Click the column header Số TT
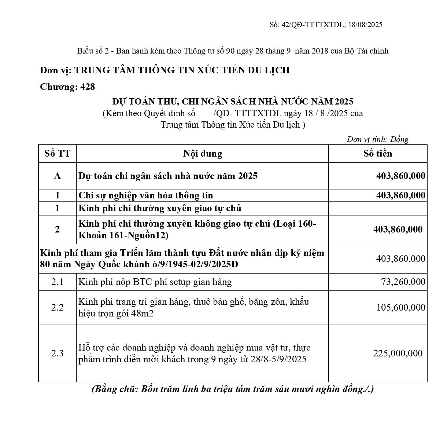[57, 153]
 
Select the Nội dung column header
[202, 153]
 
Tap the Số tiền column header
[377, 153]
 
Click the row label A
[57, 176]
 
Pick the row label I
[57, 195]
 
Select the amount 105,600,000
[401, 307]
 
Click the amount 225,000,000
[398, 353]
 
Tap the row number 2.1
[57, 282]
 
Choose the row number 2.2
[57, 307]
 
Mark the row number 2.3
[57, 353]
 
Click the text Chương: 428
[67, 87]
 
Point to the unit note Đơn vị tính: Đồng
[377, 139]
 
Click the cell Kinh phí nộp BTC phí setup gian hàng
[155, 282]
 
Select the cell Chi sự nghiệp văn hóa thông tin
[145, 195]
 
